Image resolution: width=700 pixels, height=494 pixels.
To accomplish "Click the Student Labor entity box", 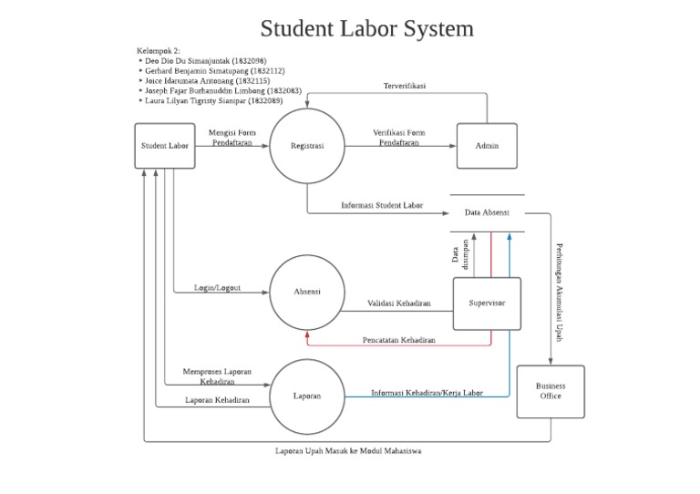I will [165, 146].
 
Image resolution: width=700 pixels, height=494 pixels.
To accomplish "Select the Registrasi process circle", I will [307, 146].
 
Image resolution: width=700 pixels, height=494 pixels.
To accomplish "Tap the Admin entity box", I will [487, 146].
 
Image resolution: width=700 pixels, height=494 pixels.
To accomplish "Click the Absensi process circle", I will [307, 292].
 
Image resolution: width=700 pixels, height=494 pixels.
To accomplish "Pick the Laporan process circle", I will [307, 396].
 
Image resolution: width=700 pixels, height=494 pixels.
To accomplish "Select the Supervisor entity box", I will [487, 304].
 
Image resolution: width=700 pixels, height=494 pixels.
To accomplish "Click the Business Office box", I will [551, 391].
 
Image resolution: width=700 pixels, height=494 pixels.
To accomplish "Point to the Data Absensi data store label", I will [487, 212].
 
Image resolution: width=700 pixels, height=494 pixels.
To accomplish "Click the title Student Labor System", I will [366, 28].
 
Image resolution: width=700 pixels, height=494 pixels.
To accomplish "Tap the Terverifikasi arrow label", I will [405, 86].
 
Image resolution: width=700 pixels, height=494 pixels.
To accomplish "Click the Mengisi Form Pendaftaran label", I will [232, 138].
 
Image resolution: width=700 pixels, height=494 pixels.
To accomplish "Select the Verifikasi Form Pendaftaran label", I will [399, 138].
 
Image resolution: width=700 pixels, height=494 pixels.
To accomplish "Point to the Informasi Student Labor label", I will [382, 205].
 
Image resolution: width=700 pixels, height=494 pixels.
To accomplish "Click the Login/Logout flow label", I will [217, 287].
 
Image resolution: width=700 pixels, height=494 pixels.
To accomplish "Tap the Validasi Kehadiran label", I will [399, 303].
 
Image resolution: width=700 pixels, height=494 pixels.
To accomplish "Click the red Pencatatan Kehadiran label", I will [398, 340].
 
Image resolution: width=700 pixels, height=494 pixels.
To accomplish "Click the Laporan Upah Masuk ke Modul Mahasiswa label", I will [348, 450].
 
